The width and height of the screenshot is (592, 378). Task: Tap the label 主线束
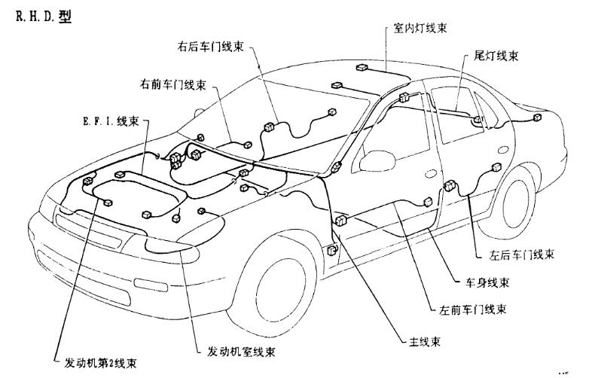[x=423, y=341]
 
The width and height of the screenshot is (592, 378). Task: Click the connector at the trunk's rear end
[x=537, y=118]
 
